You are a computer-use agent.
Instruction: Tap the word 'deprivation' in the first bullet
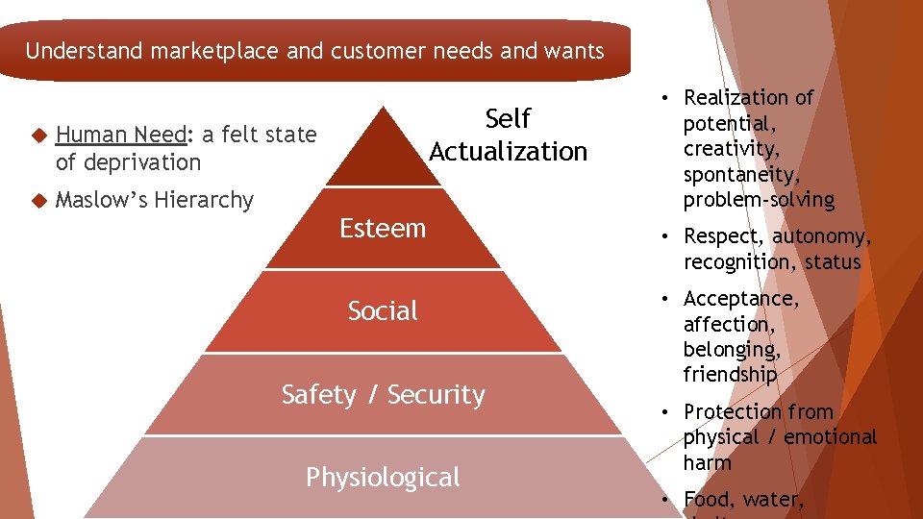tap(140, 162)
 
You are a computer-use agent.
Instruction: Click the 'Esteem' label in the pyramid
tap(383, 229)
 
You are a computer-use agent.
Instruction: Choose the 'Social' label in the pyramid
tap(383, 311)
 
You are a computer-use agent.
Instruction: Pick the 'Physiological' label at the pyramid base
tap(383, 477)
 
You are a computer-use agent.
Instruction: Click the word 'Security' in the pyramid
tap(437, 395)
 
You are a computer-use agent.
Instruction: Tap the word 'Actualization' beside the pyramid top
tap(508, 152)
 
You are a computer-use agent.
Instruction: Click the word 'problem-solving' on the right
tap(759, 200)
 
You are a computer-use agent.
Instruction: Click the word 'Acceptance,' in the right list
tap(740, 299)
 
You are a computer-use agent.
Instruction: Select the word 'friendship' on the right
tap(730, 375)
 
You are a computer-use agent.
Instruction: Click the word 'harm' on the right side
tap(707, 462)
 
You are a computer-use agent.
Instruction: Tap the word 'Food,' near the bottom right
tap(709, 499)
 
